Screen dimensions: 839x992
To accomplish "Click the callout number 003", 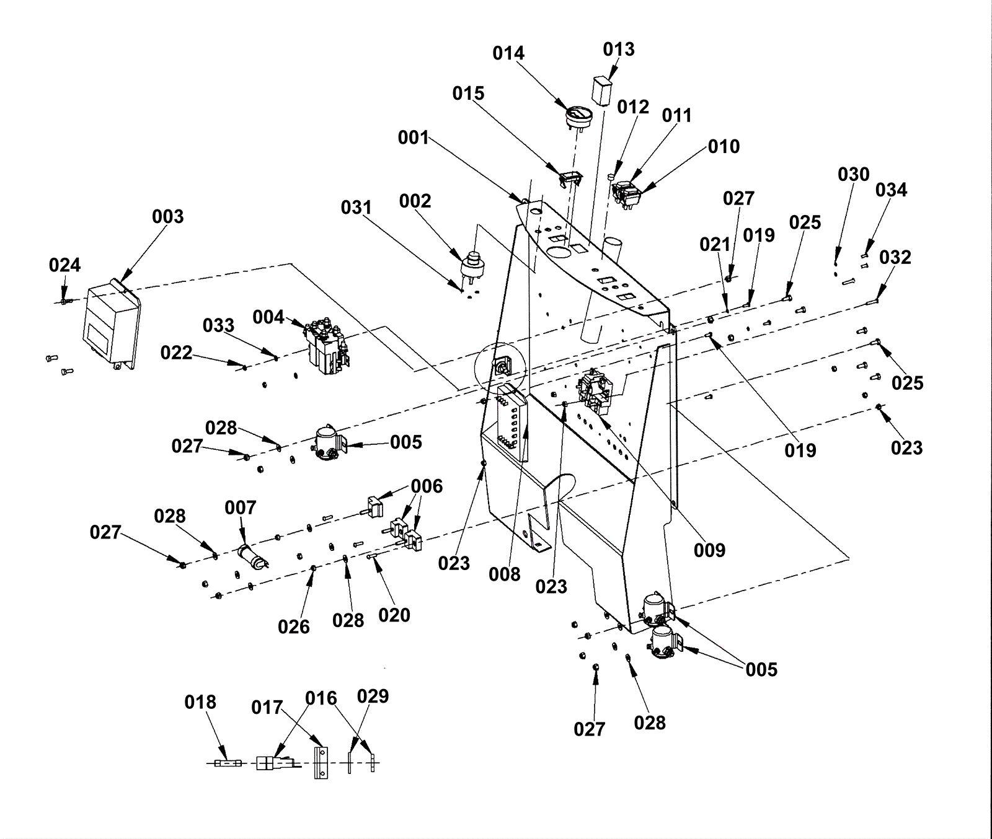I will [x=168, y=217].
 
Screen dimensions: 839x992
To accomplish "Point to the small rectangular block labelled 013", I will [x=601, y=92].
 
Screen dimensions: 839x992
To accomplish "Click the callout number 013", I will [x=619, y=50].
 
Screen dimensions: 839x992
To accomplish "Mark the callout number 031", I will [x=356, y=208].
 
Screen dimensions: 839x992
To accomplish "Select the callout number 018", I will [x=200, y=702].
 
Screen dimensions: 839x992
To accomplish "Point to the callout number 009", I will [x=709, y=550].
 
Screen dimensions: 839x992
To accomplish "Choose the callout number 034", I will [x=891, y=190].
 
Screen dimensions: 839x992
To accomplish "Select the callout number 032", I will [x=895, y=257].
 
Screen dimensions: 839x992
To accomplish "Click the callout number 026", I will [x=294, y=627].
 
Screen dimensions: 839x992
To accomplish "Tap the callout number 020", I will [x=394, y=615].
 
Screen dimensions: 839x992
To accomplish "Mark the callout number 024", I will [x=65, y=265].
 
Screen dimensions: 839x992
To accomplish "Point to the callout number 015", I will [x=468, y=94].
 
